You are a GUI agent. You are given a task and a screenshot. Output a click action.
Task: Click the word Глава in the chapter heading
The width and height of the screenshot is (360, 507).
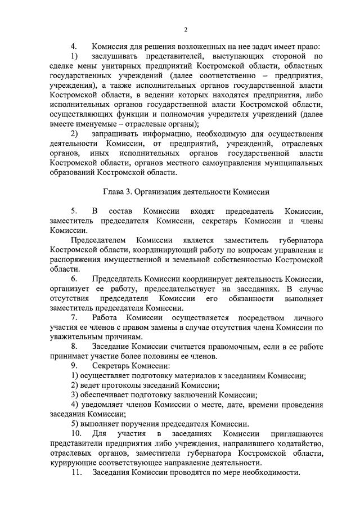pos(115,192)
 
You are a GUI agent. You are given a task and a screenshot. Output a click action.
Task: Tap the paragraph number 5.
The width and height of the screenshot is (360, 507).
pos(73,211)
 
